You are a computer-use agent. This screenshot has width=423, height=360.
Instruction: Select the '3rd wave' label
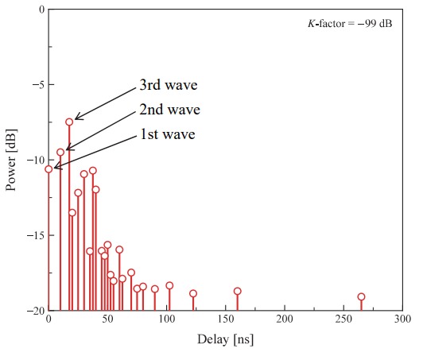tap(168, 85)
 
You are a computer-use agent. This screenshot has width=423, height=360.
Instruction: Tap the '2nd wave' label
tap(169, 110)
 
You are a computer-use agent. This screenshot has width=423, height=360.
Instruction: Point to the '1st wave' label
tap(167, 134)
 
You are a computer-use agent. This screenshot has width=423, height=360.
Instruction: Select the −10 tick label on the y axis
tap(30, 161)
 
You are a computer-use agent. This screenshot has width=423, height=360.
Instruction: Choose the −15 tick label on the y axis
tap(30, 236)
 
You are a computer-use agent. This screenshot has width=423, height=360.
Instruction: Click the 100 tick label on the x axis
tap(166, 320)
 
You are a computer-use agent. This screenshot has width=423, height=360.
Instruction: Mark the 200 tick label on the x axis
tap(285, 320)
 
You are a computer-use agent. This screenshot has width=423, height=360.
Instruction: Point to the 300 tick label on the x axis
tap(402, 320)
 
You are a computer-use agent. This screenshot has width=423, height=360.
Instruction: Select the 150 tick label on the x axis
tap(225, 320)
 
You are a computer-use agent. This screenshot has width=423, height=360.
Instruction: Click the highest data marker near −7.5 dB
tap(69, 122)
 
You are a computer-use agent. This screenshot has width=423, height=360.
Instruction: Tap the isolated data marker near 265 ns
tap(361, 297)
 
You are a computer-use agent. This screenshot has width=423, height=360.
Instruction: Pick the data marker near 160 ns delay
tap(237, 291)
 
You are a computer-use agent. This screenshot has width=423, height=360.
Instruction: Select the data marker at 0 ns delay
tap(49, 168)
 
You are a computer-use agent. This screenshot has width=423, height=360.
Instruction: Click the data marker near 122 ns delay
tap(192, 293)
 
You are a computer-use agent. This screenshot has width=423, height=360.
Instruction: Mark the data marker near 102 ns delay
tap(169, 286)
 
